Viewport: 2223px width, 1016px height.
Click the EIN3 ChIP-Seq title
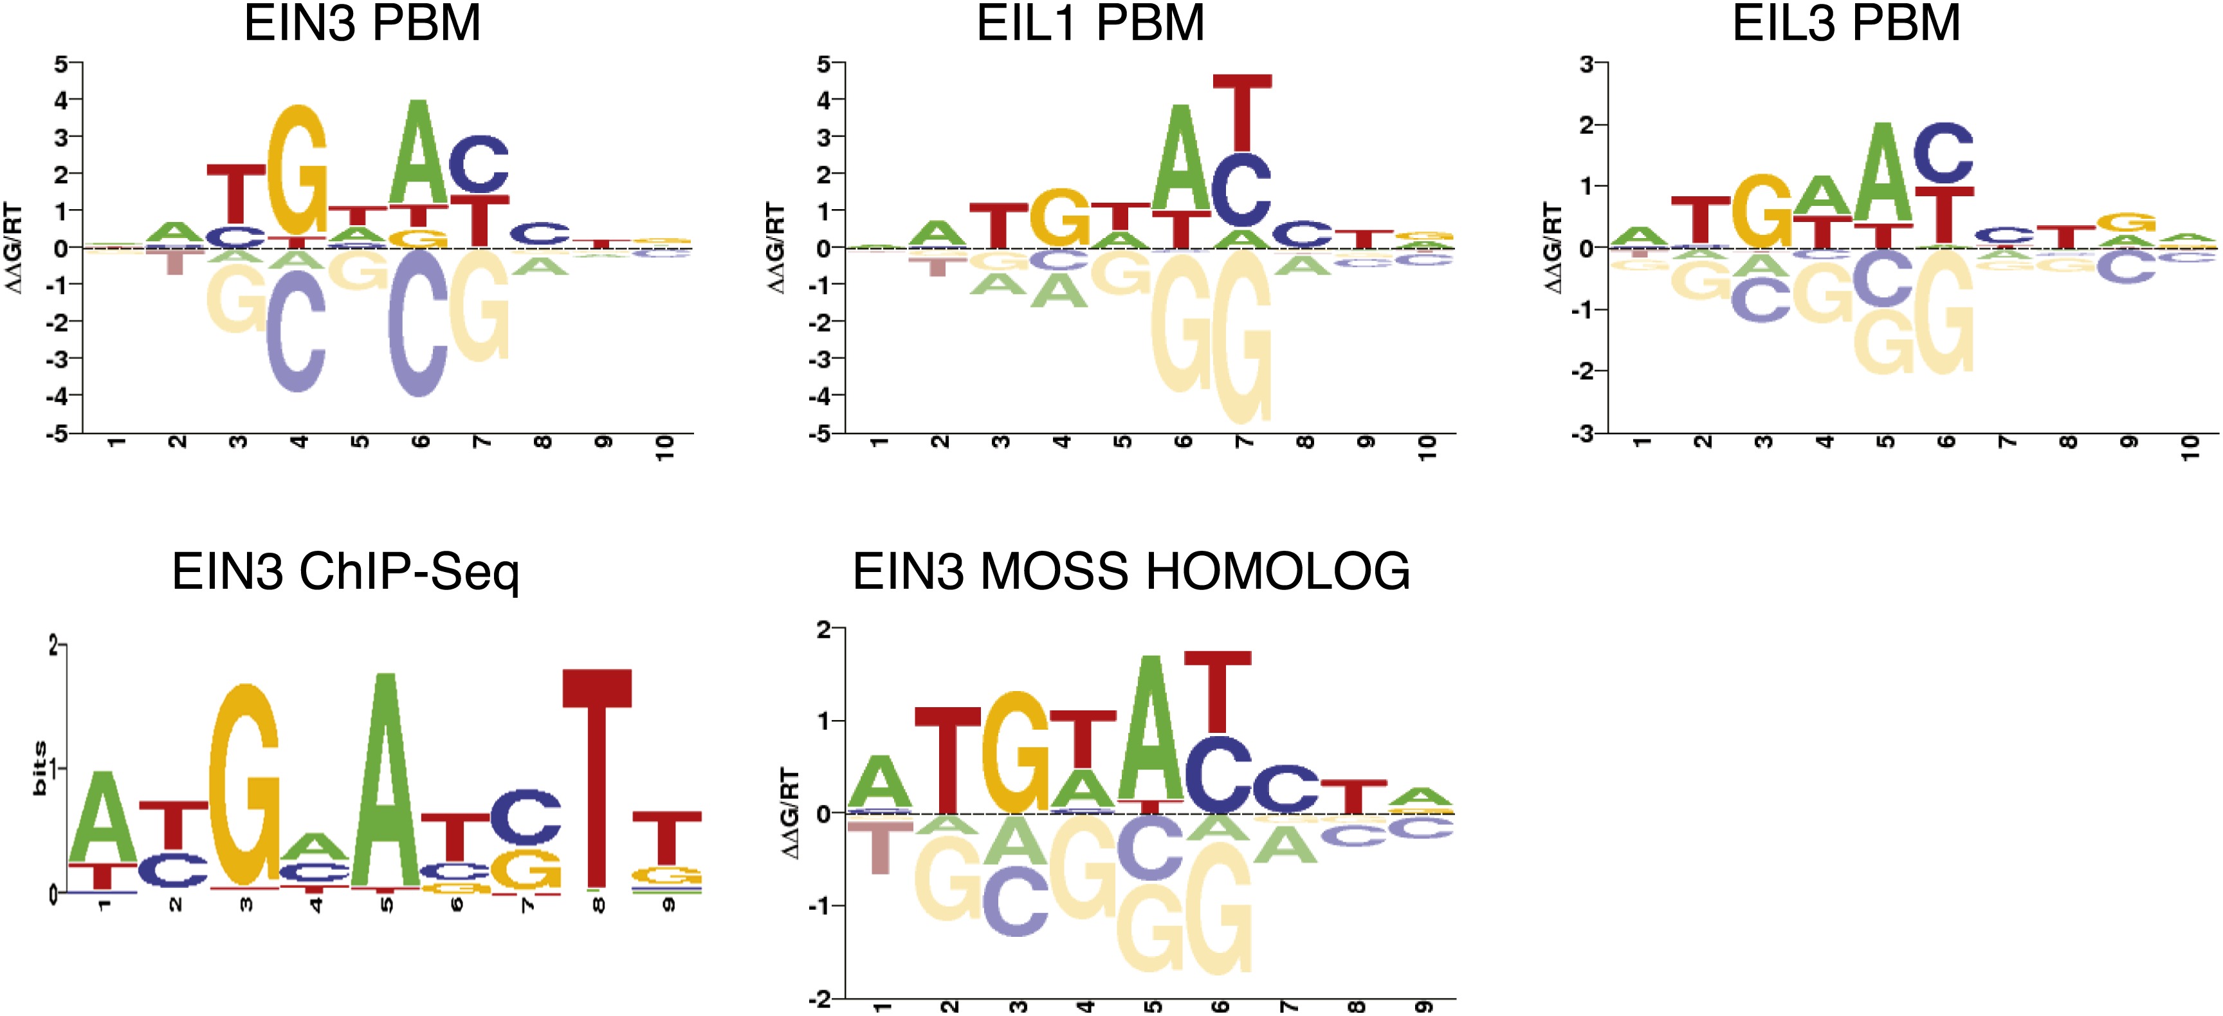[345, 571]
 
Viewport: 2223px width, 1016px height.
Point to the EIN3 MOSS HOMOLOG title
[1131, 571]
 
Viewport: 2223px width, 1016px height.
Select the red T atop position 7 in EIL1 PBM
[1242, 112]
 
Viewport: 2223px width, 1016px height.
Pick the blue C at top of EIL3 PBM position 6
[1943, 154]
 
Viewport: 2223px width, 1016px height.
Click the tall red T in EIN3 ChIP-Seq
[597, 777]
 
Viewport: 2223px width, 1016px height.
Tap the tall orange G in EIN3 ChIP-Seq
[246, 786]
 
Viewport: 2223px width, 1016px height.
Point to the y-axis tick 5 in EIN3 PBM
[60, 64]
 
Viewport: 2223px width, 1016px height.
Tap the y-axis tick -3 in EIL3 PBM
[1584, 433]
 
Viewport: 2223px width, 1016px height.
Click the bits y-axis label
[39, 768]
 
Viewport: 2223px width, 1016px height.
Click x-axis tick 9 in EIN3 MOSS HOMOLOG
[1424, 1006]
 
